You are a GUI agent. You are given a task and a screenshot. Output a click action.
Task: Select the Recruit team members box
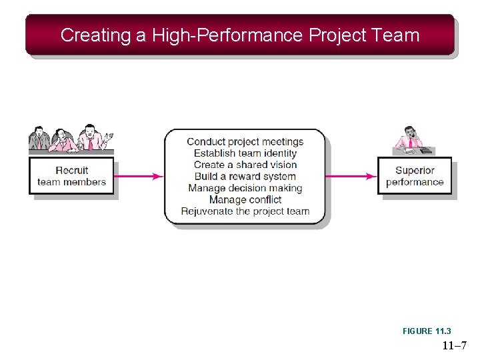click(x=71, y=176)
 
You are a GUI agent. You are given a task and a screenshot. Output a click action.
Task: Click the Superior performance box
click(x=415, y=176)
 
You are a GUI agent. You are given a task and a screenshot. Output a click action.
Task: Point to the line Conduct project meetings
click(x=245, y=141)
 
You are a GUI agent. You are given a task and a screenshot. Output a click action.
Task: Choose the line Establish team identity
click(x=245, y=153)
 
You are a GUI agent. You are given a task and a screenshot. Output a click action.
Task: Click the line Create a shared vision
click(x=245, y=165)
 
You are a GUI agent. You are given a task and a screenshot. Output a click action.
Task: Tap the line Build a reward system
click(x=245, y=177)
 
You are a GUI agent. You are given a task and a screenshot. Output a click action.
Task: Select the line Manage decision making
click(x=245, y=188)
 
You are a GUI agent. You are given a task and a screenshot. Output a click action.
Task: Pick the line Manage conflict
click(x=245, y=199)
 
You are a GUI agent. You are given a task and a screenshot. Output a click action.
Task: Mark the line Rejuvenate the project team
click(x=245, y=211)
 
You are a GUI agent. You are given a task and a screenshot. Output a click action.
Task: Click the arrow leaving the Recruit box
click(x=139, y=176)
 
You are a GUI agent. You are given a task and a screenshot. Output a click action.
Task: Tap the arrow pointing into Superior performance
click(x=351, y=176)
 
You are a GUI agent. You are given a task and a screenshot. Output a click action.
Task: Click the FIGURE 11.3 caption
click(x=427, y=331)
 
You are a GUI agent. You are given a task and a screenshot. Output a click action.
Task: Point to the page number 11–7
click(x=453, y=346)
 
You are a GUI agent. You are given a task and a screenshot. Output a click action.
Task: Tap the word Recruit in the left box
click(x=72, y=171)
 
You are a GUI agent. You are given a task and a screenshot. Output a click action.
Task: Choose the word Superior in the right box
click(x=415, y=171)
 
